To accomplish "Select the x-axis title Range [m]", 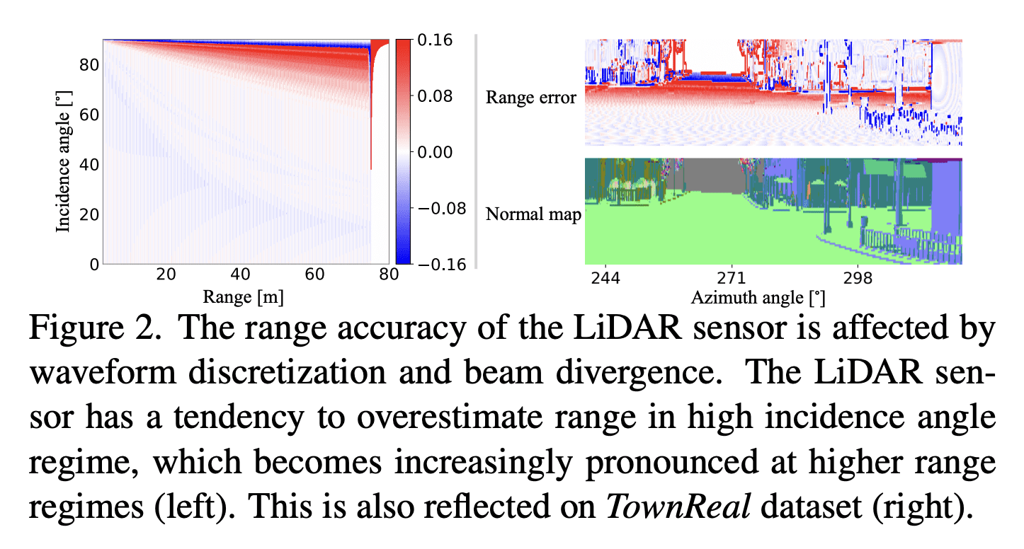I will pyautogui.click(x=244, y=298).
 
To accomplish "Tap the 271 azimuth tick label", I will pyautogui.click(x=730, y=278).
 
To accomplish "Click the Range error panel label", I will pyautogui.click(x=531, y=98).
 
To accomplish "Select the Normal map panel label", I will pyautogui.click(x=533, y=214).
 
